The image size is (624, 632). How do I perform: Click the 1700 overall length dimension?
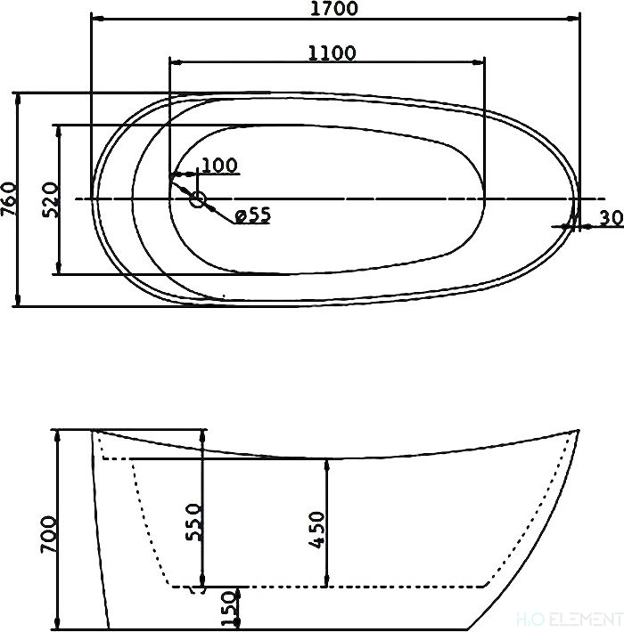tap(333, 9)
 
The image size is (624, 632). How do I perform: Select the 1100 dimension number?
tap(332, 53)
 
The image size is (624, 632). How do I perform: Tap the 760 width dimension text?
tap(9, 199)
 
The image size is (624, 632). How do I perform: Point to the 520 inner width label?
tap(51, 200)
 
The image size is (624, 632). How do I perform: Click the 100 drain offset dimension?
tap(219, 166)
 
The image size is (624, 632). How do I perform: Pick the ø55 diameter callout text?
tap(252, 215)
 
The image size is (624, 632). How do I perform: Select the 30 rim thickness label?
tap(612, 218)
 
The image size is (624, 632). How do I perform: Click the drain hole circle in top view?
tap(197, 199)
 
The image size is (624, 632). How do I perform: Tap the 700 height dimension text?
tap(48, 534)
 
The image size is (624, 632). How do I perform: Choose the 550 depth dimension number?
tap(193, 523)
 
